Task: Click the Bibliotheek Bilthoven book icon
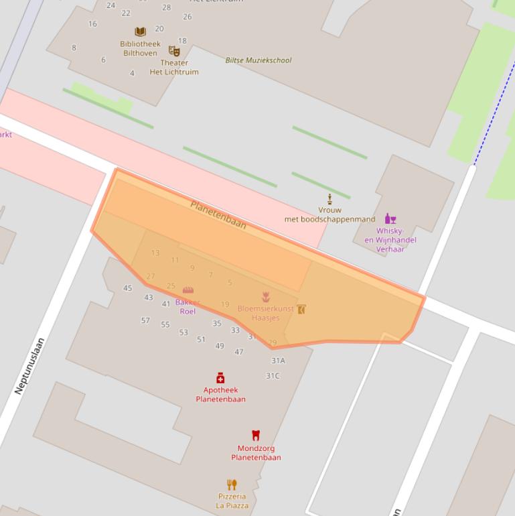click(x=140, y=31)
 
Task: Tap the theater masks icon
click(x=174, y=51)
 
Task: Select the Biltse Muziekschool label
click(x=259, y=60)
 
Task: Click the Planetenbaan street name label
click(x=218, y=214)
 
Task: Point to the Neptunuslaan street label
click(x=29, y=365)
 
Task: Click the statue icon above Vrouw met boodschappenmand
click(x=329, y=199)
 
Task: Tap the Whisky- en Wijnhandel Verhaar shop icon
click(x=390, y=218)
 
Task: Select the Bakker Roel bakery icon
click(x=188, y=289)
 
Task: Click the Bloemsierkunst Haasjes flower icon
click(x=266, y=297)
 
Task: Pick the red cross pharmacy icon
click(x=220, y=378)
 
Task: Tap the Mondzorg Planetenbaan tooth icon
click(x=255, y=436)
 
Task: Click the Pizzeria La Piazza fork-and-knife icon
click(x=232, y=485)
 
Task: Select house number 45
click(x=127, y=288)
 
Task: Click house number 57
click(x=145, y=320)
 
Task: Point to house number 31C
click(x=273, y=376)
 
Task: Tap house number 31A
click(x=278, y=361)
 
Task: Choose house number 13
click(x=155, y=253)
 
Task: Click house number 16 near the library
click(x=92, y=24)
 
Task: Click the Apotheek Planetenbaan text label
click(x=220, y=395)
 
